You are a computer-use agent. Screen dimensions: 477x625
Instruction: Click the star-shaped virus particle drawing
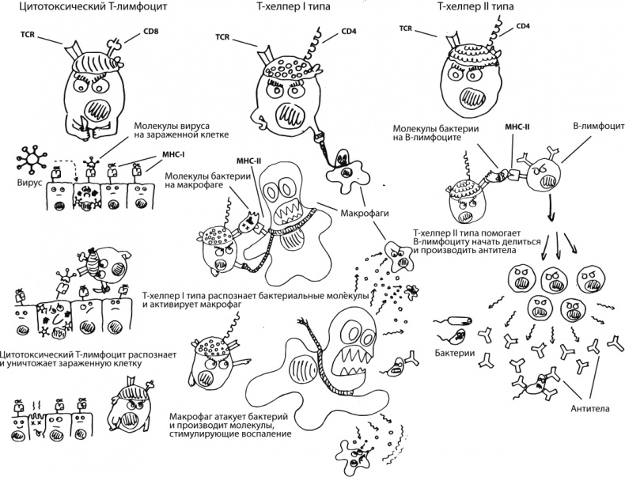(29, 161)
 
